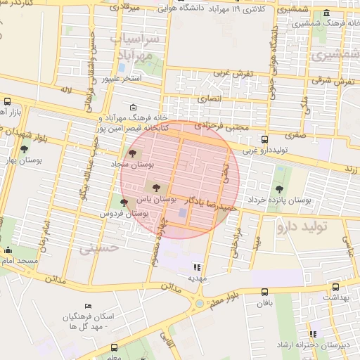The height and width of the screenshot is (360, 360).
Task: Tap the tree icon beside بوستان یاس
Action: coord(155,187)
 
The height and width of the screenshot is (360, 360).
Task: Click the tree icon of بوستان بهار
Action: coord(25,149)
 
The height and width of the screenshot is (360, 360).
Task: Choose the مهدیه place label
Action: coord(195,278)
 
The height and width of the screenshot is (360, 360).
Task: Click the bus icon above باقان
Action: coord(264,292)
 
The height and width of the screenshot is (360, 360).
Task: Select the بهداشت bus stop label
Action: coord(335,297)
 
